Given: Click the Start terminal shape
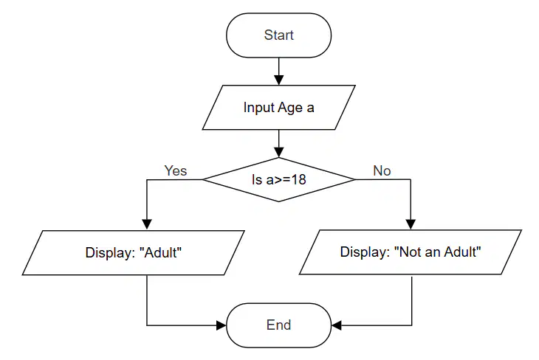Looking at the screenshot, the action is (x=279, y=35).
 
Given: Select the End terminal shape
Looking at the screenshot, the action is (x=279, y=325).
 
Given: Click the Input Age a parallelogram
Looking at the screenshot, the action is (x=279, y=108).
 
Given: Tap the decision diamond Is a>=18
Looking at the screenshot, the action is (x=279, y=179).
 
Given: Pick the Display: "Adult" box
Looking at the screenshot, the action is (x=134, y=253).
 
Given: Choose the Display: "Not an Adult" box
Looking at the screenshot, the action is (x=411, y=252).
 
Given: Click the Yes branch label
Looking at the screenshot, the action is (x=175, y=170).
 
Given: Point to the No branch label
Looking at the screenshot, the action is (x=382, y=170).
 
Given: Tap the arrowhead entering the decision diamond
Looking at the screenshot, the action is (x=279, y=153).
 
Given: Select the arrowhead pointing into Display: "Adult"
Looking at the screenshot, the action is (x=147, y=225).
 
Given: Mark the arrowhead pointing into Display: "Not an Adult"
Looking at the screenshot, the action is (x=411, y=225).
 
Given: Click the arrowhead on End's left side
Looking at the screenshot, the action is (x=222, y=325).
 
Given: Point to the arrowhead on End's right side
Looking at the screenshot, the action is (x=337, y=325).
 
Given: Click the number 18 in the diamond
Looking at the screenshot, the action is (x=299, y=180).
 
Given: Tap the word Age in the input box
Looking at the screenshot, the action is (x=290, y=108).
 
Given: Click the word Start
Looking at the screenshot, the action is (x=279, y=35).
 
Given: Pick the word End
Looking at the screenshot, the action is (x=279, y=325).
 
